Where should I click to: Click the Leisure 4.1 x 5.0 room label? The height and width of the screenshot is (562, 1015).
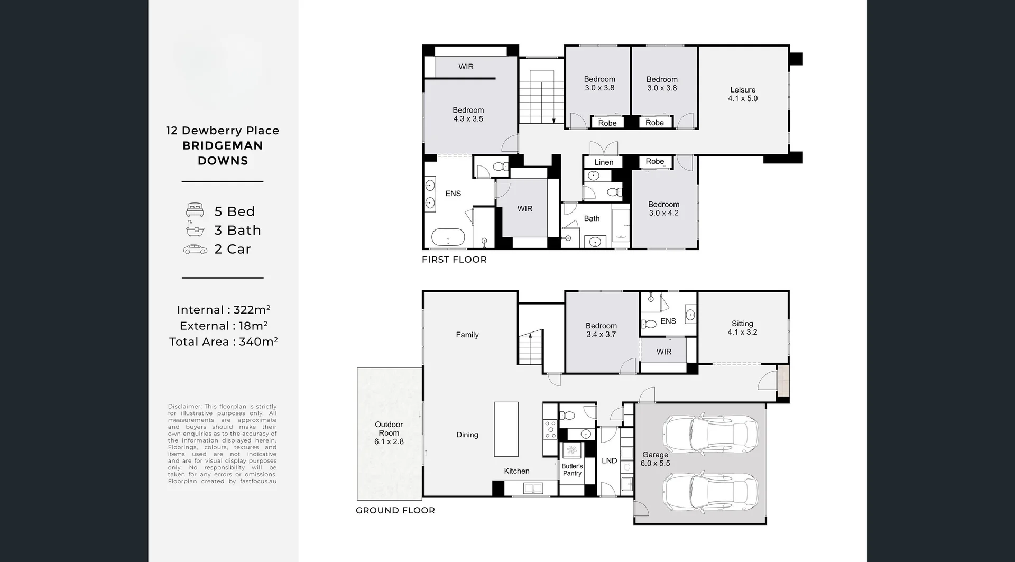tap(742, 94)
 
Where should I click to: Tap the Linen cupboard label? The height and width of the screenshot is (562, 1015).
tap(603, 162)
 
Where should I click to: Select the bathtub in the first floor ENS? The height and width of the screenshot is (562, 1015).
tap(448, 237)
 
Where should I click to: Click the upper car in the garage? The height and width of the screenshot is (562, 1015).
tap(710, 435)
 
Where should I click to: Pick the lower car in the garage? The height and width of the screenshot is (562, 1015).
tap(710, 492)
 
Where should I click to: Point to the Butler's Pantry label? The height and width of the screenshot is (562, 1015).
tap(572, 470)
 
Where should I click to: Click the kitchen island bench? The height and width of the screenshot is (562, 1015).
tap(506, 429)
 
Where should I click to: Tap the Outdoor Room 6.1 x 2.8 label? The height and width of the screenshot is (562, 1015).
tap(389, 433)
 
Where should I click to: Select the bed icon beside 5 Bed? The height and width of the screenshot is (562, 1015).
tap(195, 210)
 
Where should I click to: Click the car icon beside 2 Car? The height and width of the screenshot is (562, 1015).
tap(195, 250)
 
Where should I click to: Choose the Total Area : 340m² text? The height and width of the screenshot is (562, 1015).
tap(223, 342)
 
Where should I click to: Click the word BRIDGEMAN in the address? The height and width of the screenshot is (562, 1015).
tap(223, 145)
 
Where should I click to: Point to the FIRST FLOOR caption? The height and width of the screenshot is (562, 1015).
tap(454, 260)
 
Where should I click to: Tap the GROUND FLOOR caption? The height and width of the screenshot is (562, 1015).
tap(395, 510)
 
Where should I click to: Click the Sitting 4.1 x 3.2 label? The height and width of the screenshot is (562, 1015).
tap(742, 328)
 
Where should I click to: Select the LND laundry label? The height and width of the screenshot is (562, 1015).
tap(609, 461)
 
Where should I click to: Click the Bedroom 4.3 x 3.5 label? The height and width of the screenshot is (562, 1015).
tap(468, 115)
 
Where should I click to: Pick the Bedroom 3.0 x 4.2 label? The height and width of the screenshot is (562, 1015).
tap(663, 209)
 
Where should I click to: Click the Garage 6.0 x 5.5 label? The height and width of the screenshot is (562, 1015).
tap(655, 459)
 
